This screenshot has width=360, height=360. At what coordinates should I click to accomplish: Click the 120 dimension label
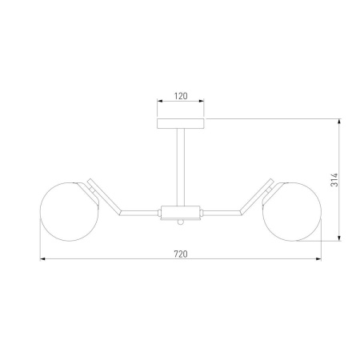(181, 96)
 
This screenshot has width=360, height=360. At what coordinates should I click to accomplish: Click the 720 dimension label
(181, 254)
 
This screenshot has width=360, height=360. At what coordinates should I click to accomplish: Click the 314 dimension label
(334, 180)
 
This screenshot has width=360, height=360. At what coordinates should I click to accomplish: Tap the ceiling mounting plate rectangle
(181, 124)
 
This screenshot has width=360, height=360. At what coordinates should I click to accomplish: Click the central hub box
(181, 213)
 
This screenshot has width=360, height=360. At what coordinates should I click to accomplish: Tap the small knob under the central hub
(181, 222)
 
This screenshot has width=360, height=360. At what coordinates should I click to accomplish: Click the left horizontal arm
(139, 213)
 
